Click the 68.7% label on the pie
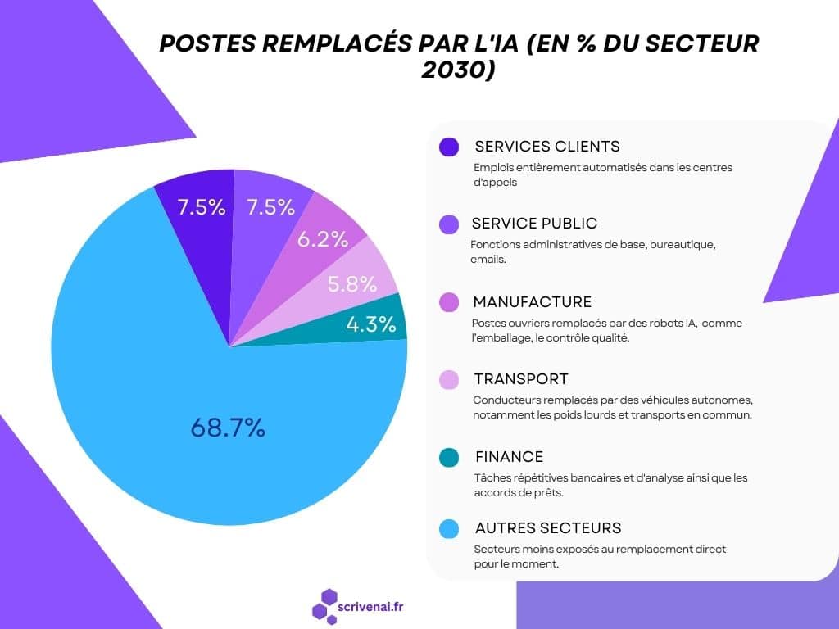[x=228, y=427]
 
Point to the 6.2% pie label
[x=323, y=239]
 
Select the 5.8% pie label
[x=351, y=284]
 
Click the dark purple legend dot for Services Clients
[x=448, y=147]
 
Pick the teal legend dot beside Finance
[x=448, y=457]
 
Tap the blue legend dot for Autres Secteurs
[x=448, y=530]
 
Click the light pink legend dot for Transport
[x=448, y=380]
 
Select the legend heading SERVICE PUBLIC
[x=534, y=223]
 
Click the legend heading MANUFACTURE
[x=532, y=302]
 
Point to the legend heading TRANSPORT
[x=520, y=379]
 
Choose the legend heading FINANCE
[x=509, y=456]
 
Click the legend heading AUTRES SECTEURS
[x=547, y=527]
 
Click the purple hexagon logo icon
[x=324, y=607]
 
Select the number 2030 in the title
[x=459, y=70]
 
